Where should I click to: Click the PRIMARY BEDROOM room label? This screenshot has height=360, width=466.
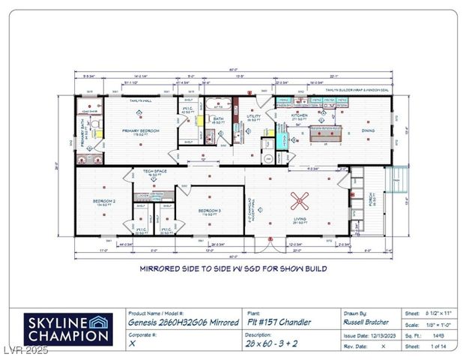pos(142,129)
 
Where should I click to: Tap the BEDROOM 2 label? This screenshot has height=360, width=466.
pos(103,201)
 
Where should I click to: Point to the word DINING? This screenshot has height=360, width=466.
pos(368,130)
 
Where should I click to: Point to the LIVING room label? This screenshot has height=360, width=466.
pos(300,219)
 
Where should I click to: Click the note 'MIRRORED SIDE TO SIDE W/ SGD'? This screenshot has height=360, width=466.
pos(232,267)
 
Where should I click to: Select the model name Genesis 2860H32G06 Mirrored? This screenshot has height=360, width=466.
pos(182,322)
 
